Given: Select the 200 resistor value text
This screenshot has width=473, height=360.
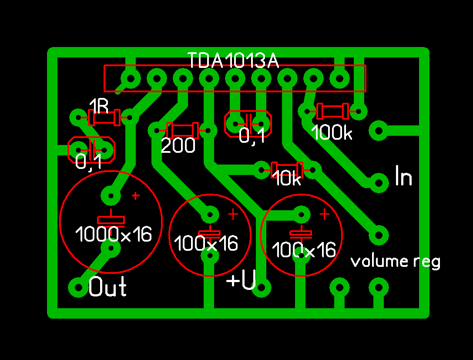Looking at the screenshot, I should pyautogui.click(x=178, y=146).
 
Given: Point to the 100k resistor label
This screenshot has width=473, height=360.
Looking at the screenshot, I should pyautogui.click(x=332, y=133).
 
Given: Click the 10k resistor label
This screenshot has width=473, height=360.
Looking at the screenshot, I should pyautogui.click(x=287, y=179).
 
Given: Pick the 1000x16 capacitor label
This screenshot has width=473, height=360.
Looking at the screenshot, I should pyautogui.click(x=114, y=235).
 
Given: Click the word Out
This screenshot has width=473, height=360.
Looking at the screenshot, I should pyautogui.click(x=108, y=287).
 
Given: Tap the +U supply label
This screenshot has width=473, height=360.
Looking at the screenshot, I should pyautogui.click(x=241, y=281).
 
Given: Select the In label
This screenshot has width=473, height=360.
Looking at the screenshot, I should pyautogui.click(x=403, y=176).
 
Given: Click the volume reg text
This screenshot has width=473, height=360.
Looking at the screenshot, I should pyautogui.click(x=396, y=262).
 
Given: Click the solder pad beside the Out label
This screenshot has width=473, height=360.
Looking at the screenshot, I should pyautogui.click(x=78, y=287).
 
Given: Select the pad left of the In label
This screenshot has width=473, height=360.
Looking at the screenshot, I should pyautogui.click(x=379, y=182).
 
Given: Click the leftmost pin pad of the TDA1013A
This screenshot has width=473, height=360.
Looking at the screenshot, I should pyautogui.click(x=131, y=78).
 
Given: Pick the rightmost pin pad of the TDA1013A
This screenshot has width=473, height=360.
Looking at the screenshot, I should pyautogui.click(x=339, y=78).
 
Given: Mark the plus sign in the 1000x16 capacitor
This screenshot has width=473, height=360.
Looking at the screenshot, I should pyautogui.click(x=136, y=196).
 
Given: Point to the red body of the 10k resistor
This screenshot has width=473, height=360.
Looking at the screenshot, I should pyautogui.click(x=287, y=169).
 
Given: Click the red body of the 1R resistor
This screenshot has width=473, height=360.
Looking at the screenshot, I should pyautogui.click(x=104, y=117).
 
